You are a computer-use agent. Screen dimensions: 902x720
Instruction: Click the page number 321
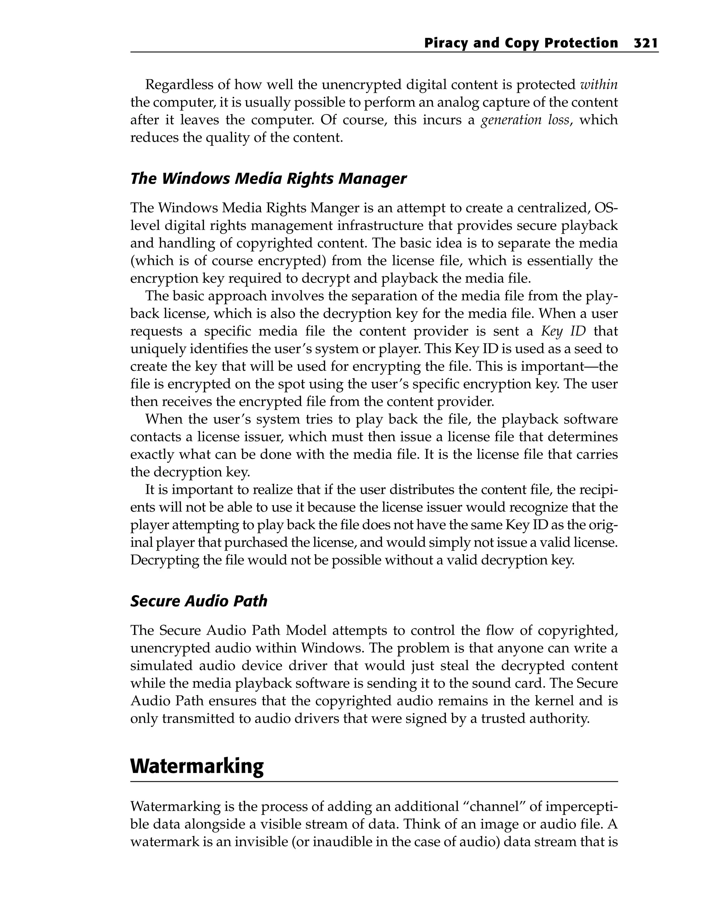pyautogui.click(x=646, y=43)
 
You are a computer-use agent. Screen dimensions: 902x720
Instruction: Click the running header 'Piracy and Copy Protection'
pyautogui.click(x=521, y=43)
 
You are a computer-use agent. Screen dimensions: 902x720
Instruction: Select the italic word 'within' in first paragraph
pyautogui.click(x=599, y=85)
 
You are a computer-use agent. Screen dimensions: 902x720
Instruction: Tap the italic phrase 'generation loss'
pyautogui.click(x=525, y=120)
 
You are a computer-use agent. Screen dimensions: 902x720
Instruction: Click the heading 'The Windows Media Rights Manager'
pyautogui.click(x=268, y=179)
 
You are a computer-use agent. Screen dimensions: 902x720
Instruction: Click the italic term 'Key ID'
pyautogui.click(x=563, y=331)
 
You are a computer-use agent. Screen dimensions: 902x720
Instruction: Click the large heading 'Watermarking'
pyautogui.click(x=197, y=766)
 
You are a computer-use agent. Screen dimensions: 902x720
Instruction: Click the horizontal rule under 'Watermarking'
pyautogui.click(x=373, y=781)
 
